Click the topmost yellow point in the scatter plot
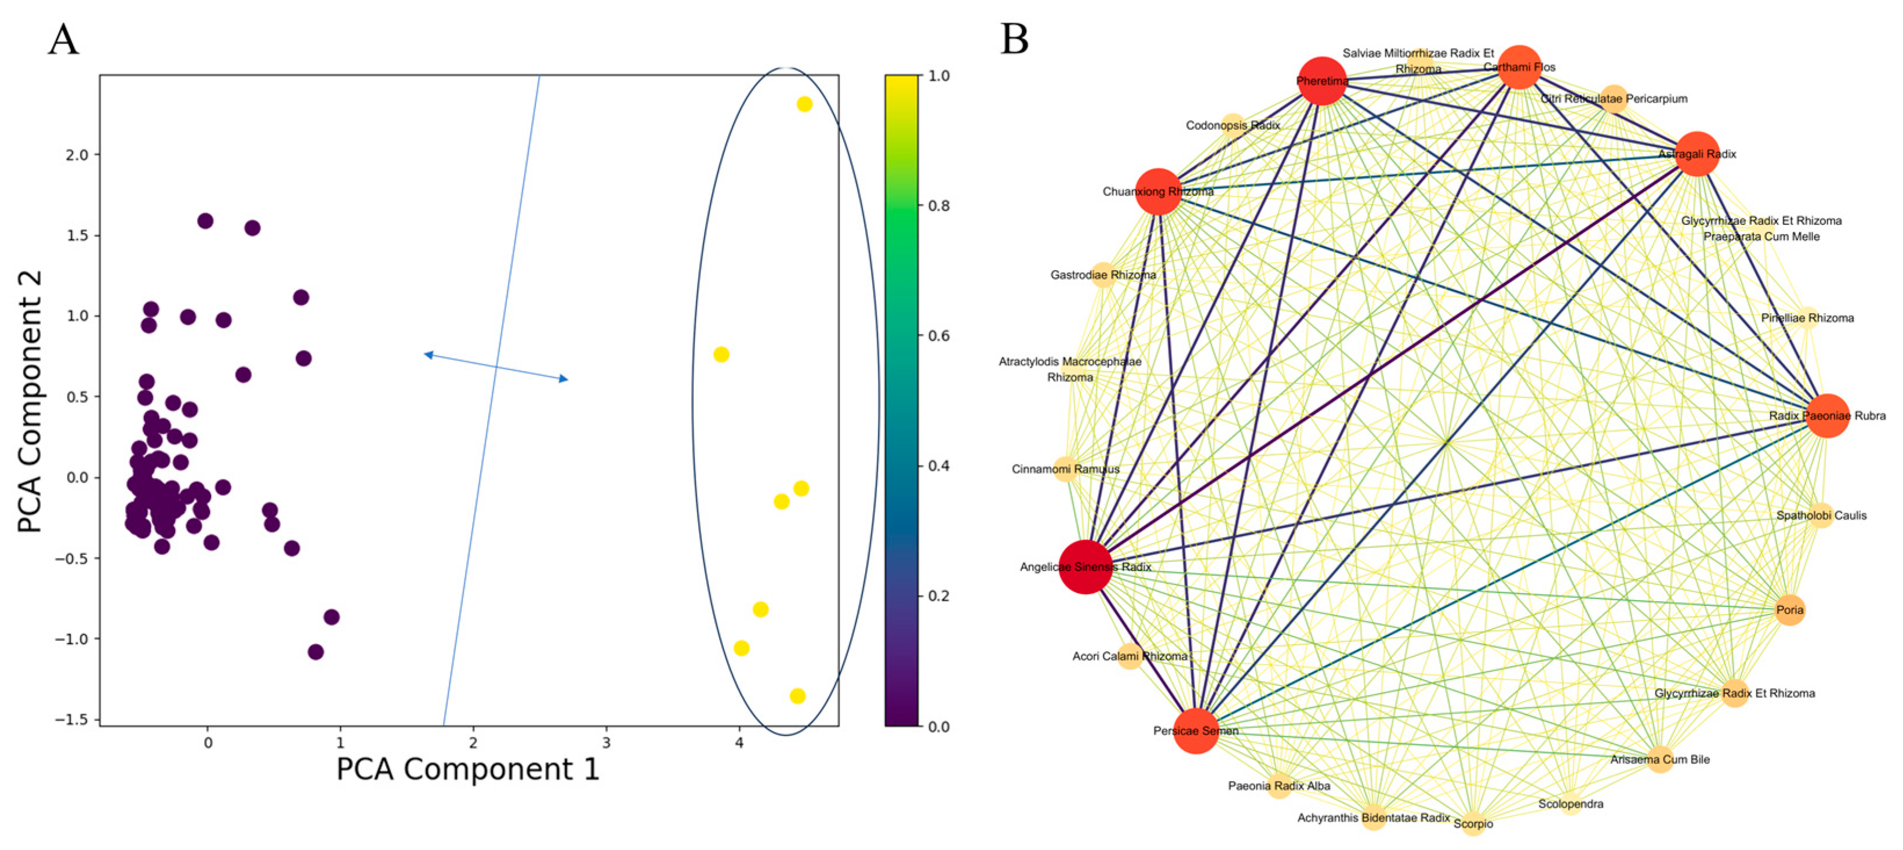click(804, 104)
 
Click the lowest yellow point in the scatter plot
click(797, 696)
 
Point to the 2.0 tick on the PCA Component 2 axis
click(78, 155)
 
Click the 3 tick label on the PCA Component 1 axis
click(606, 743)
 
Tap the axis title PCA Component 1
click(467, 769)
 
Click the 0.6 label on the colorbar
click(939, 336)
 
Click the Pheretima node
click(1321, 81)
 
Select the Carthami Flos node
click(1519, 67)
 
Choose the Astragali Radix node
click(1697, 154)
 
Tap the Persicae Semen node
click(1195, 731)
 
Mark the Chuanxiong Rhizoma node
click(1157, 191)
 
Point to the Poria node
click(1789, 610)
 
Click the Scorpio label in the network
click(1473, 823)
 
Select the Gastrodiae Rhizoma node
click(1103, 275)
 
